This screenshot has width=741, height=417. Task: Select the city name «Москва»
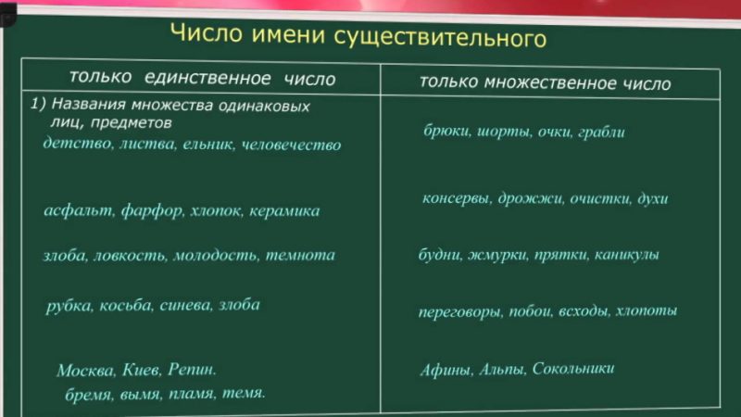84,371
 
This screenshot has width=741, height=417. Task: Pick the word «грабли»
598,132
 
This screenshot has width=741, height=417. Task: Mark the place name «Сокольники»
574,369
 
